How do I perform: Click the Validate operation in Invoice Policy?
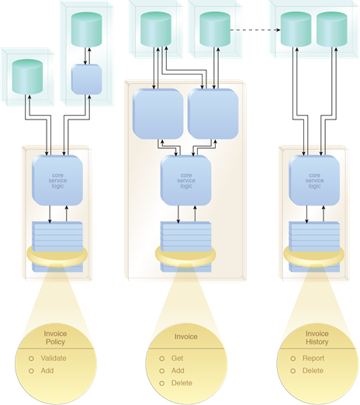54,358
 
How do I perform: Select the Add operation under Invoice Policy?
47,371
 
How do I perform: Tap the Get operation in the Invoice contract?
177,358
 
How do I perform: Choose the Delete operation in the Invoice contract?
182,383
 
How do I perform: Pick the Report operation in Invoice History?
313,358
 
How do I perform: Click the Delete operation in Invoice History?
313,371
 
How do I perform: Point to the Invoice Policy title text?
55,337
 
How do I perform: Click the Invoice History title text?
317,337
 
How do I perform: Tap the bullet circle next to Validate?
31,358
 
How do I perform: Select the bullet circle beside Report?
293,358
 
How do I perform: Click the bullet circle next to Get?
162,358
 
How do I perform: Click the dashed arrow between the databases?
255,29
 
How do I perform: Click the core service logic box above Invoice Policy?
57,181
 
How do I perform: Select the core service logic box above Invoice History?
314,181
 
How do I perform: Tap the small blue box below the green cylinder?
87,79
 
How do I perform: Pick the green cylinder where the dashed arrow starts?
215,29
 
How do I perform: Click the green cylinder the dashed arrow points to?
296,29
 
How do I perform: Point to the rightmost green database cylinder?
332,29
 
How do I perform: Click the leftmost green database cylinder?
27,77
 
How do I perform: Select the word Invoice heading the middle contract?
186,337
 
